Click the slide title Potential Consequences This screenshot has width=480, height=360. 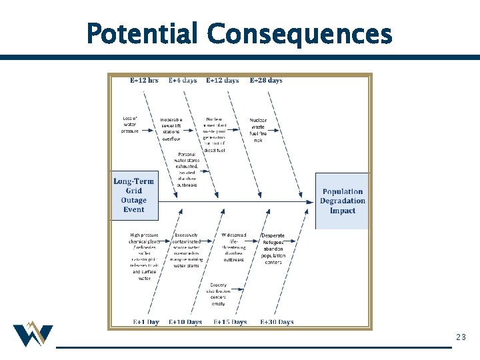tap(239, 33)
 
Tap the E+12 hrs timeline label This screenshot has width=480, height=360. tap(144, 81)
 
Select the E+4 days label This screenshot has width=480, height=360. tap(183, 81)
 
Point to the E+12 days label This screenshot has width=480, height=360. tap(222, 81)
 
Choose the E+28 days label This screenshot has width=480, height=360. tap(266, 81)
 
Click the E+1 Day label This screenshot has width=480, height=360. tap(146, 322)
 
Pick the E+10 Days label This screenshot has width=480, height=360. tap(185, 322)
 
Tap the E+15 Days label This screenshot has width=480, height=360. tap(230, 322)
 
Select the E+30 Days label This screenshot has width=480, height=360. tap(277, 322)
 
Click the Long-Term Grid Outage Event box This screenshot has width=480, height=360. tap(134, 195)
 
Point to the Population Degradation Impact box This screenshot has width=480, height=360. tap(343, 201)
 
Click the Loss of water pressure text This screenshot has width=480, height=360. tap(130, 125)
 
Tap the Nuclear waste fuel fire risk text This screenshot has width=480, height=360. tap(258, 130)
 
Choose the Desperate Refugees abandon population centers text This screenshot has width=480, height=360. tap(273, 249)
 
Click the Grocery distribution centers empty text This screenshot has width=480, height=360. tap(218, 294)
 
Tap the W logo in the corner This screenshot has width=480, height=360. tap(32, 335)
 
